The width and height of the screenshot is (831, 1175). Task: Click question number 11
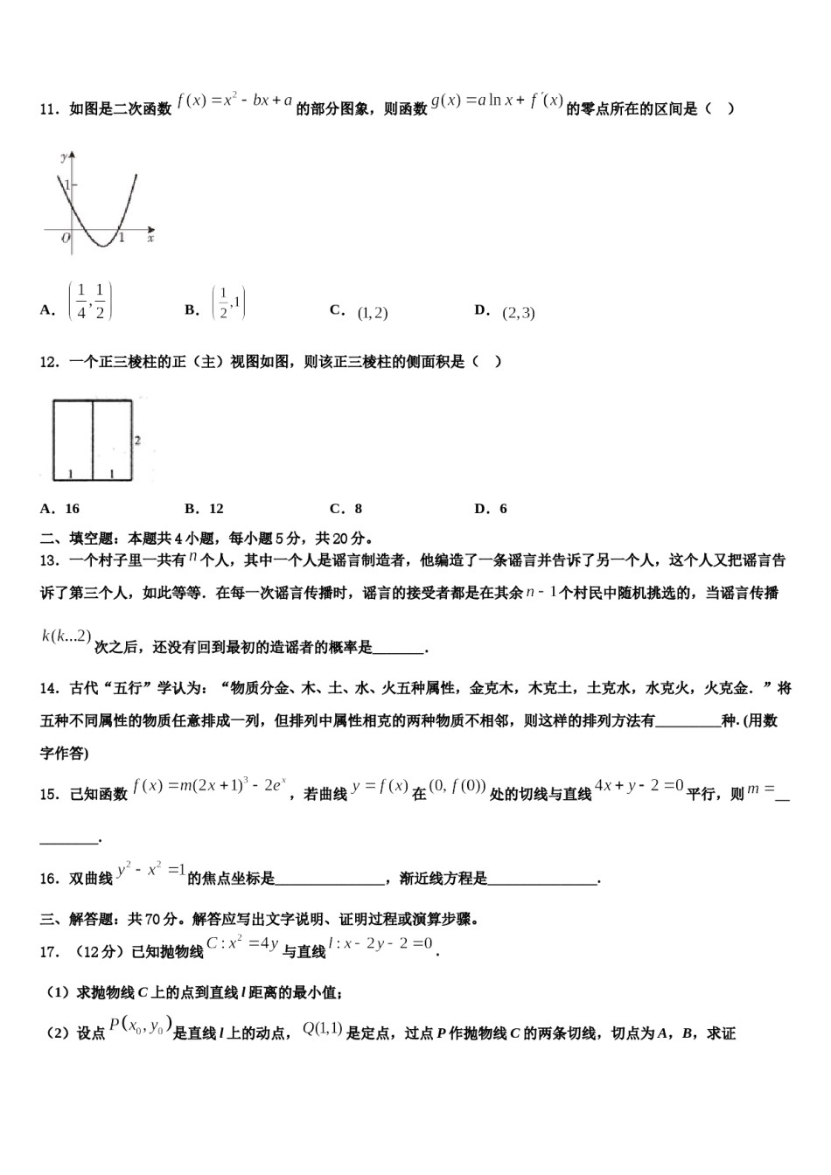[x=49, y=109]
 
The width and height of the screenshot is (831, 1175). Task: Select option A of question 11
[x=89, y=302]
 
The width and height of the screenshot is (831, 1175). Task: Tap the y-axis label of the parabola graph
[x=64, y=156]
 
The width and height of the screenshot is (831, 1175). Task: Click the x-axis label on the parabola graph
[x=150, y=238]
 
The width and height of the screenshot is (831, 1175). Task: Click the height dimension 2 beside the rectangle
[x=137, y=441]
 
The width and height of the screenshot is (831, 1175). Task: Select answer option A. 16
[x=59, y=509]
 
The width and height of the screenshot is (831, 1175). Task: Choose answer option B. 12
[x=205, y=509]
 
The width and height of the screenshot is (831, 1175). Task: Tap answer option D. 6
[x=491, y=509]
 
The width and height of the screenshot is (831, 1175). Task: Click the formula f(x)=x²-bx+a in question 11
[x=234, y=101]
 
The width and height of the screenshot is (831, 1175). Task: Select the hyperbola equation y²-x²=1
[x=150, y=870]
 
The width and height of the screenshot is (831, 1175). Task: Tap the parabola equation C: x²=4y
[x=242, y=943]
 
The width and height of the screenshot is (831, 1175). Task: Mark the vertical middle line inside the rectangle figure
[x=93, y=439]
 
